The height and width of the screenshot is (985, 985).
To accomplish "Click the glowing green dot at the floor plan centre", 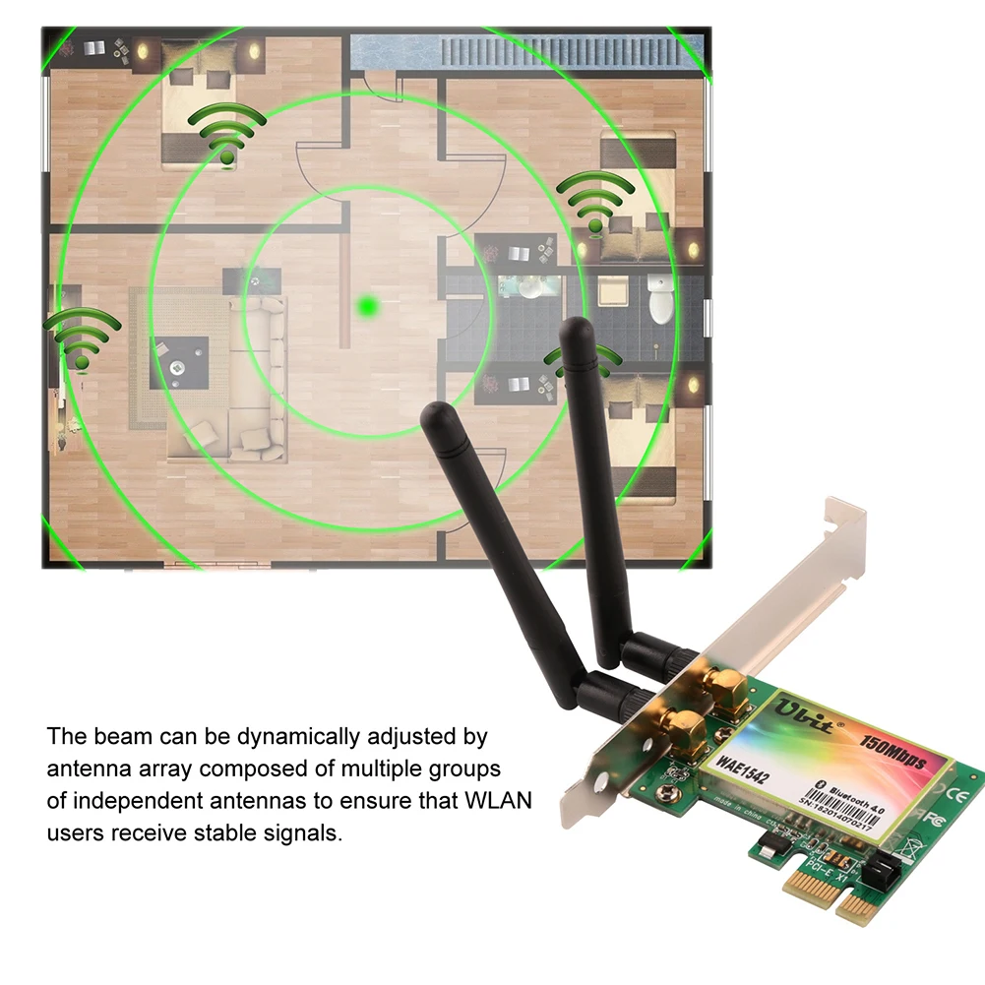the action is coord(369,307).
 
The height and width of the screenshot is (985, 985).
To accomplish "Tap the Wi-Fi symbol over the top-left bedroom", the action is coord(227,134).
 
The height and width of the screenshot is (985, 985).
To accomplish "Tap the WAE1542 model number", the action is coord(742,765).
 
